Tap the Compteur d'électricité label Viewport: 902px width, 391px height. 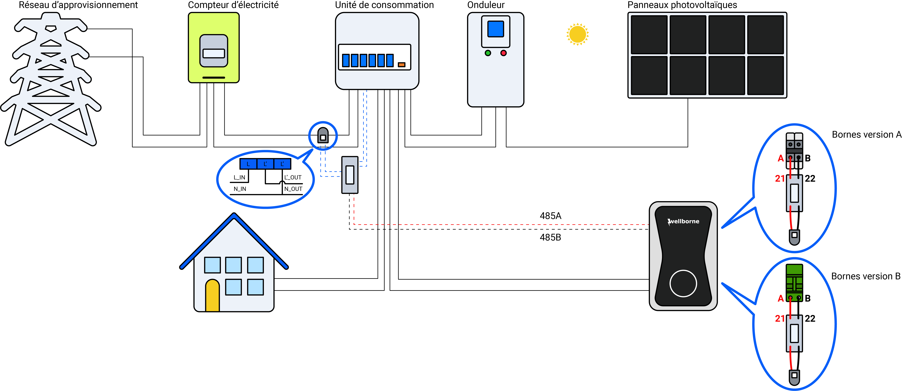click(233, 5)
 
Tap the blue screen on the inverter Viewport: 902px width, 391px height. click(495, 29)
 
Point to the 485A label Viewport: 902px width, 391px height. click(550, 216)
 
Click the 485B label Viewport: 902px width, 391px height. click(550, 237)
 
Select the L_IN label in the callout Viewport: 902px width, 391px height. click(240, 177)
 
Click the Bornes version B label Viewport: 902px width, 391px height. click(866, 276)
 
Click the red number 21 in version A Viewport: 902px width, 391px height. click(780, 179)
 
